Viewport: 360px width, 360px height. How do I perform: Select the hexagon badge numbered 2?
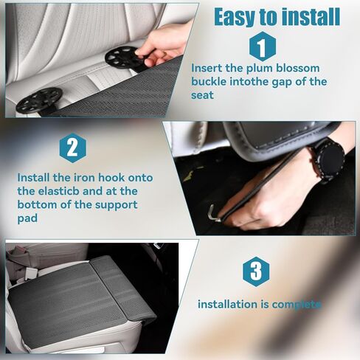pos(72,148)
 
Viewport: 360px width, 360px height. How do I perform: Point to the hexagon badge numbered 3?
pos(256,271)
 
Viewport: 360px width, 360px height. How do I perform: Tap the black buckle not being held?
pos(38,100)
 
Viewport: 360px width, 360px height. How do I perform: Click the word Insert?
pos(210,68)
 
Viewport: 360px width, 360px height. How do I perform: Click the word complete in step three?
pos(297,304)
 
